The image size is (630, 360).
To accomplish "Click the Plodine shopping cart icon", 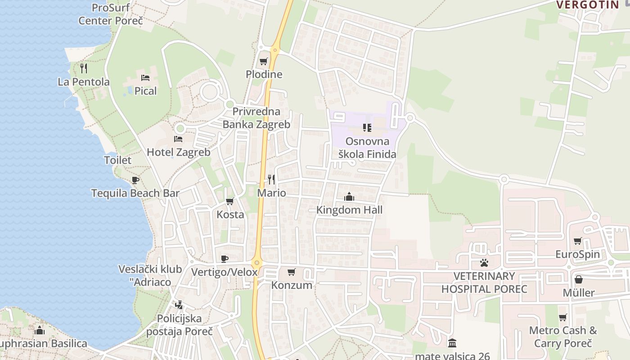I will pos(264,61).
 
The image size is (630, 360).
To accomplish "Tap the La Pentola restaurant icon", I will pos(84,68).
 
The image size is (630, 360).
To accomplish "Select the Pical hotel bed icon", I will pos(145,77).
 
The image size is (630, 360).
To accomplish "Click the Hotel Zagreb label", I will pos(179,152).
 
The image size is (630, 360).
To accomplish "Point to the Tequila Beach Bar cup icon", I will pos(135,180).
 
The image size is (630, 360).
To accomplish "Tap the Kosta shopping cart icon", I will pos(230,201).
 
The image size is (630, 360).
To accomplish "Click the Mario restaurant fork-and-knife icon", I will pos(271,180).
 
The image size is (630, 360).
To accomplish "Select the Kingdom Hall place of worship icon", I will pos(349,197).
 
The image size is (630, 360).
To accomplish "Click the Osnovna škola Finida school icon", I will pos(367,128).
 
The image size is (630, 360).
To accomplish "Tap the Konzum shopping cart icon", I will pos(291,272).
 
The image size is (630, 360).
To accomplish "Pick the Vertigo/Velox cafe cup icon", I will pos(225,259).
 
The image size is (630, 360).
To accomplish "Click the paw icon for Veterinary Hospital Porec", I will pos(484,262).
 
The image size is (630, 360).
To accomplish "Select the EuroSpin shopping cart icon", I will pos(578,241).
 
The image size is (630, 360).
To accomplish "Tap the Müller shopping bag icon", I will pos(579,279).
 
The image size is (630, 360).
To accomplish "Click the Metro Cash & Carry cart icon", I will pos(562,317).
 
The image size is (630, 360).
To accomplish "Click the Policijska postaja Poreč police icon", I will pos(179,305).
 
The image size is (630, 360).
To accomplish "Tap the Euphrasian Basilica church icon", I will pos(40,330).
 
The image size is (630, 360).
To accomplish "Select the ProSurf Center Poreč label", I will pos(110,14).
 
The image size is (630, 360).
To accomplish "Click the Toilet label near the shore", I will pos(117,160).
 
